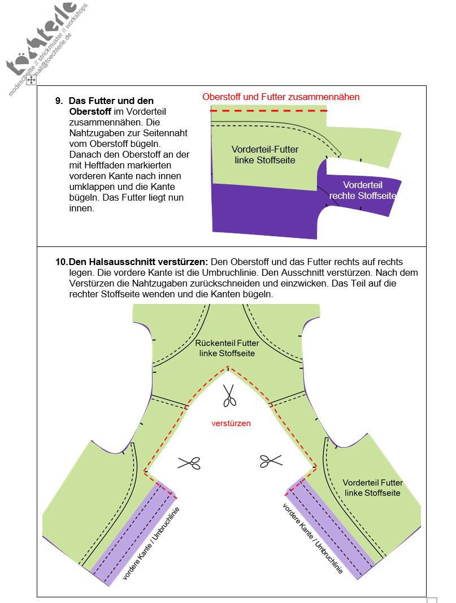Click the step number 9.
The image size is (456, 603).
point(58,101)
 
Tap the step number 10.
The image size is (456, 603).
point(61,262)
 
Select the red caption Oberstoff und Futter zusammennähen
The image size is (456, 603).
point(281,97)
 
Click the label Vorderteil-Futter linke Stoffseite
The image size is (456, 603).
point(265,155)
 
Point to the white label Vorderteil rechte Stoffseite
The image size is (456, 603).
point(363,190)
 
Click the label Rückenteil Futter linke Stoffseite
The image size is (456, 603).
point(227,348)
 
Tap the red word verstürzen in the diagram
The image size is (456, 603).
point(231,423)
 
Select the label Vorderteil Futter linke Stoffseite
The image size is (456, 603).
point(372,488)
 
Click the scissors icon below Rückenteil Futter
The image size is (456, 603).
point(229,395)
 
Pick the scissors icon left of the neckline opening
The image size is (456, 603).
point(189,463)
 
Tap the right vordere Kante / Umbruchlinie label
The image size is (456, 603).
point(312,539)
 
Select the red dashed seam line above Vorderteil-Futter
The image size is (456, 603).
point(268,111)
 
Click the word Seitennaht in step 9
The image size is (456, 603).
point(164,133)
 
